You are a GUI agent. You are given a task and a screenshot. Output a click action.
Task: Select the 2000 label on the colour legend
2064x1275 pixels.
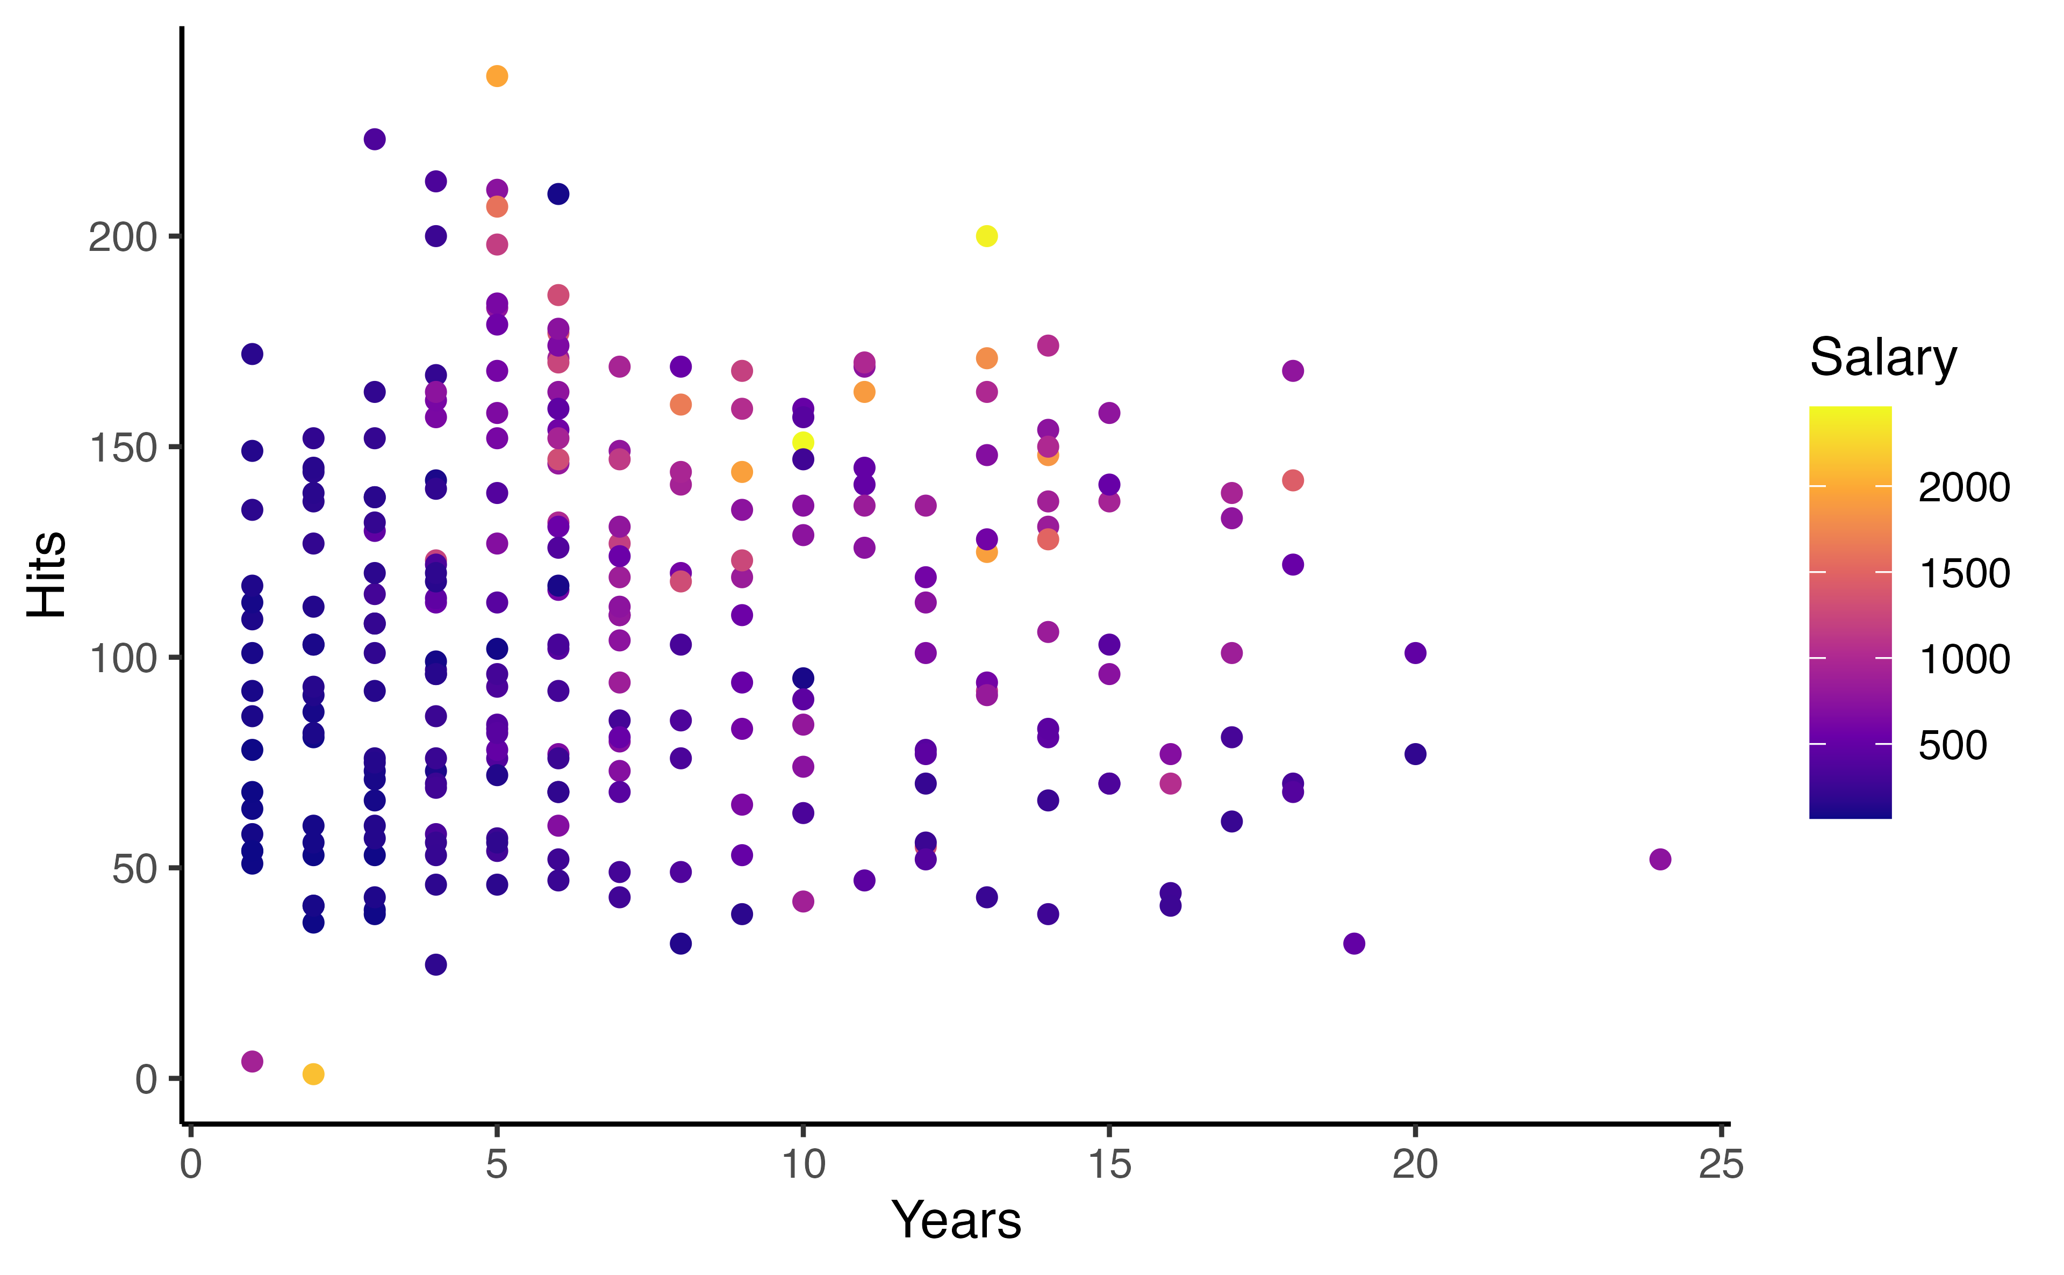[x=1963, y=487]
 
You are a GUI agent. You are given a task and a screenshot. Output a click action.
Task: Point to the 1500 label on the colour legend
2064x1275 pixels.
[x=1963, y=573]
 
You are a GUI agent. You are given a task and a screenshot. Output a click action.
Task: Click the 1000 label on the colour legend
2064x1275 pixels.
[x=1963, y=659]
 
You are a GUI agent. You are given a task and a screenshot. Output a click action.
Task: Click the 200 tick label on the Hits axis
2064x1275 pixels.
[x=123, y=238]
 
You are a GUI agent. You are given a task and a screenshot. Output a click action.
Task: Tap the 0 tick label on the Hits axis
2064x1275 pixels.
[x=146, y=1079]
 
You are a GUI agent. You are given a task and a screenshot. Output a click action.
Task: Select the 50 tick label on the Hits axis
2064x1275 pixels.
[x=135, y=869]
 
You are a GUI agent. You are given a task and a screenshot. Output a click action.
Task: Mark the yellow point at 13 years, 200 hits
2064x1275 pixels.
[x=986, y=236]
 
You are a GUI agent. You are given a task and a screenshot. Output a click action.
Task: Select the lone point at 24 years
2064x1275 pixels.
[x=1659, y=859]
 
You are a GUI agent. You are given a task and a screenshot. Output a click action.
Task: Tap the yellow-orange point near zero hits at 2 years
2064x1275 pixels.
[x=313, y=1074]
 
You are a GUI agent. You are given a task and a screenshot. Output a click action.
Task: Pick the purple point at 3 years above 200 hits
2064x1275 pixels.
[x=375, y=139]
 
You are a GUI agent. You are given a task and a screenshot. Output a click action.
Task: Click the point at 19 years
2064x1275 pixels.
[x=1354, y=943]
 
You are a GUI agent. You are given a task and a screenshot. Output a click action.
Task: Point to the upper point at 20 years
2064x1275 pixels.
[x=1415, y=653]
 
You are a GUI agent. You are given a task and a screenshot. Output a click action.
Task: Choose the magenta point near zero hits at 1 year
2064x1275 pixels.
[x=252, y=1062]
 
